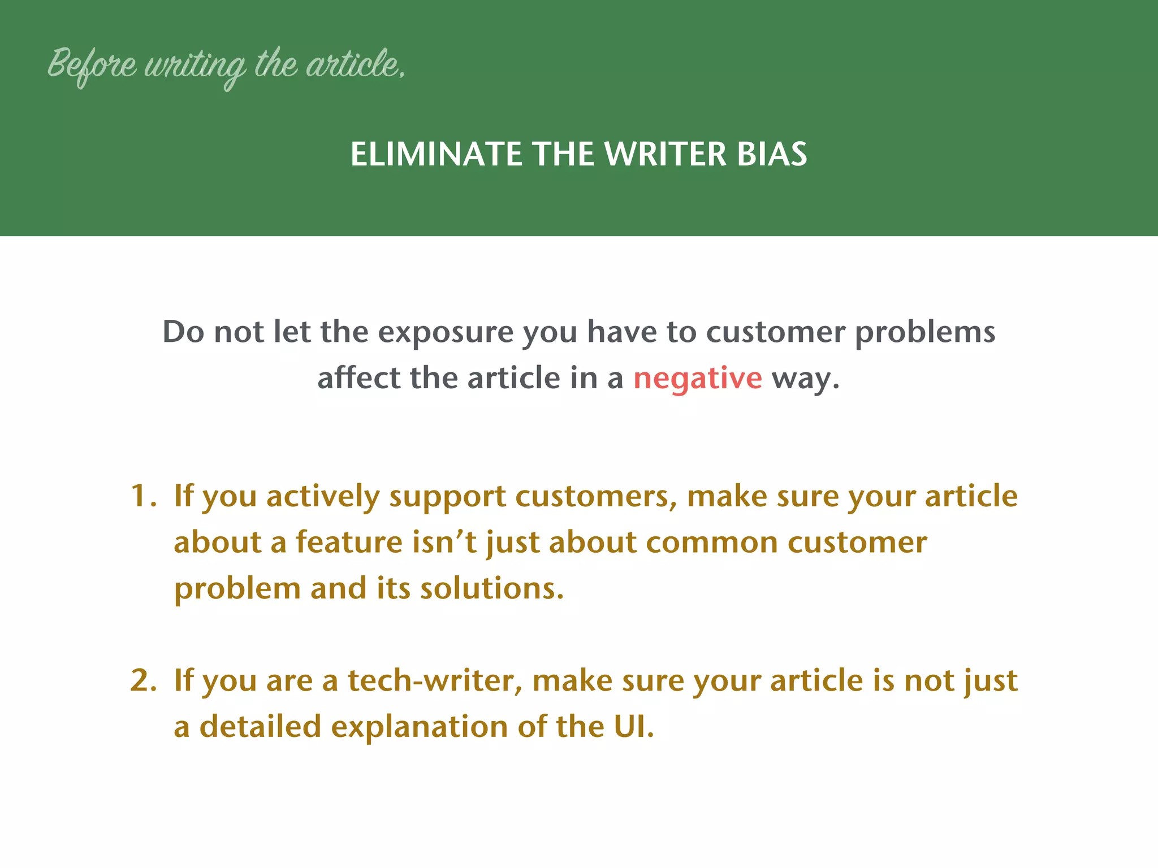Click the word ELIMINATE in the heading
click(x=435, y=154)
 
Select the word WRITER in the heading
click(x=665, y=154)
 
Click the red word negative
click(x=697, y=378)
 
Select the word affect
click(x=358, y=377)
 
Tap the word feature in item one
click(x=349, y=542)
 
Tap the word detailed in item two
click(x=260, y=727)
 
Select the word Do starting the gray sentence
click(x=183, y=332)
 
